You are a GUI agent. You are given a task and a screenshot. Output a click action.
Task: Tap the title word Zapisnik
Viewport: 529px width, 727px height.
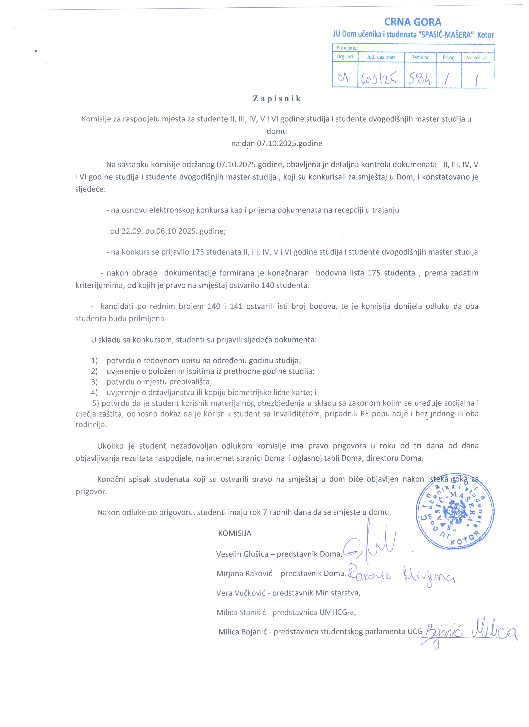click(277, 99)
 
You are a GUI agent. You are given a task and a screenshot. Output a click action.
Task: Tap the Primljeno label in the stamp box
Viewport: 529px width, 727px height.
click(347, 48)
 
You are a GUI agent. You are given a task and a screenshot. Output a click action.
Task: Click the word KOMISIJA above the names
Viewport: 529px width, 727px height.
click(234, 533)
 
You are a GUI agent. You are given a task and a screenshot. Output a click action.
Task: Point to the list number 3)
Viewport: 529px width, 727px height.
click(94, 382)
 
